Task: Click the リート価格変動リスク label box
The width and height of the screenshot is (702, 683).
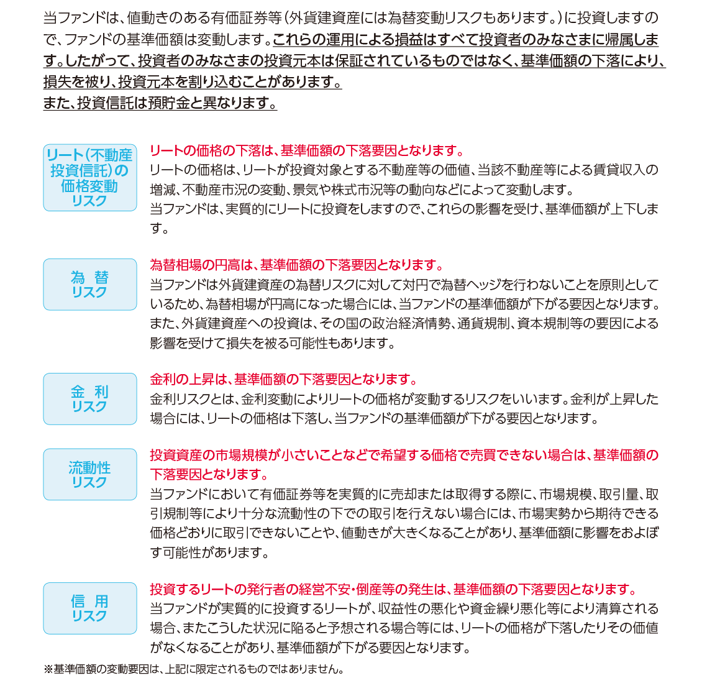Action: click(x=90, y=177)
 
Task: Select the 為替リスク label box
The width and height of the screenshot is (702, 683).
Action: click(x=90, y=284)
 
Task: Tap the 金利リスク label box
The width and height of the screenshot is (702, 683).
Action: click(x=90, y=398)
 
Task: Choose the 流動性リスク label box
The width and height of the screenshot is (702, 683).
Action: click(x=90, y=474)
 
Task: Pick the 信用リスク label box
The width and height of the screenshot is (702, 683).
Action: click(x=90, y=608)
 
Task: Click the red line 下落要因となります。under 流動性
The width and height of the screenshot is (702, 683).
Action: click(x=209, y=475)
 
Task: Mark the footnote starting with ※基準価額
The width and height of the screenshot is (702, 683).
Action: click(x=193, y=669)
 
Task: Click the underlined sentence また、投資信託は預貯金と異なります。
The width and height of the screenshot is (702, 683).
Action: click(x=160, y=103)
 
